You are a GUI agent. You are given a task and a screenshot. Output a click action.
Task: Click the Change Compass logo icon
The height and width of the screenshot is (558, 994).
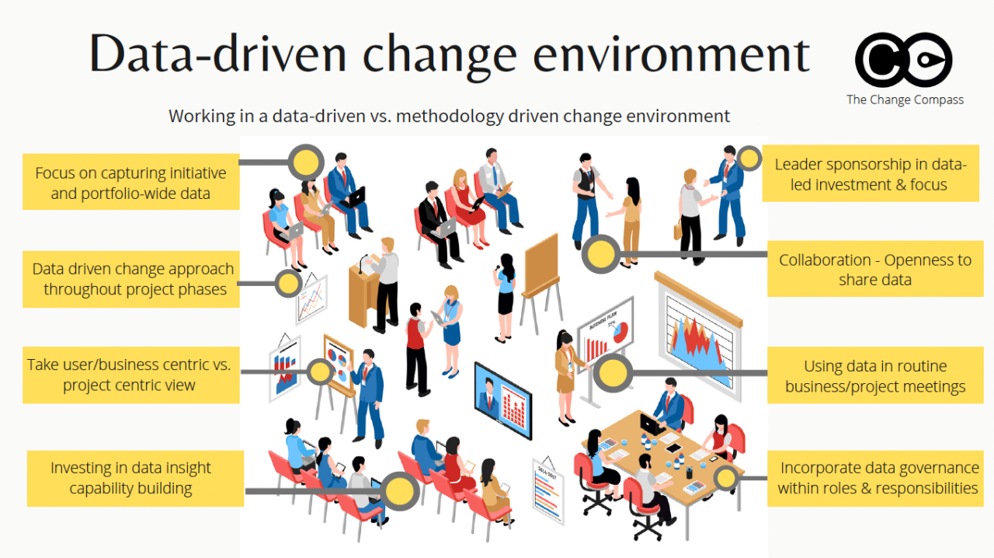[903, 59]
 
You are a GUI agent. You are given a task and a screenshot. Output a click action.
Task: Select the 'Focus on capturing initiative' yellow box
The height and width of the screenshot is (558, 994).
[130, 183]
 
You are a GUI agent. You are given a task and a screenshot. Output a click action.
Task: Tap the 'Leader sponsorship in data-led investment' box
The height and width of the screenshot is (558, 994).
[871, 174]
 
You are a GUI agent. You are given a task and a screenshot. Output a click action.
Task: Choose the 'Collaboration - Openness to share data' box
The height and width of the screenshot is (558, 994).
[875, 269]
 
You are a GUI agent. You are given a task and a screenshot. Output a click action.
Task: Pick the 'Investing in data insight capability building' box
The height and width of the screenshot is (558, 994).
[130, 478]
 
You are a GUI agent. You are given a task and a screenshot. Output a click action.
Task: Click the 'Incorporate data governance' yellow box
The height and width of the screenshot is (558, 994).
[879, 478]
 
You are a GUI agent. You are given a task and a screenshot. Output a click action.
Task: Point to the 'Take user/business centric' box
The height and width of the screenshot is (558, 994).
[130, 375]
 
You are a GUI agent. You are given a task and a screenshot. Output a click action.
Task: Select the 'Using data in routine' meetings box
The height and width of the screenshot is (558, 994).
[875, 376]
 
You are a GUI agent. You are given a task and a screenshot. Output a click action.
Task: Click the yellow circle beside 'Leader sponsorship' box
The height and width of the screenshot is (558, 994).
[749, 159]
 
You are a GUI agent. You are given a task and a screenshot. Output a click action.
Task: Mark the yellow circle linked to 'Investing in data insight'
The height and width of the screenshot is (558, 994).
[400, 491]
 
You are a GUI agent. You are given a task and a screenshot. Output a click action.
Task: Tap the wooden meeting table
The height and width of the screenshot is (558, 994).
[660, 459]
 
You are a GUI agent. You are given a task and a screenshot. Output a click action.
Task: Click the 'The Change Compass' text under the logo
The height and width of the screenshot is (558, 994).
[905, 99]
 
